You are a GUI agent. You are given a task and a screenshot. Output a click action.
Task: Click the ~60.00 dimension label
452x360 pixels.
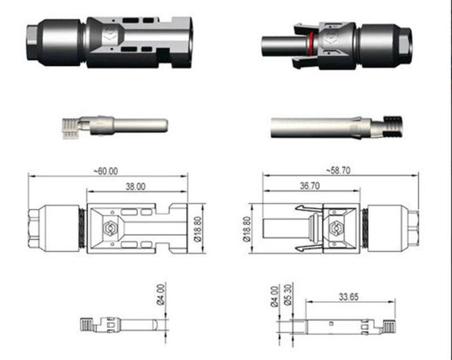point(106,171)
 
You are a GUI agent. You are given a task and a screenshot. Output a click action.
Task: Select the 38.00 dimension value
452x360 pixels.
point(135,186)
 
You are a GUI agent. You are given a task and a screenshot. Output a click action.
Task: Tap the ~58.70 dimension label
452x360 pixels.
point(339,171)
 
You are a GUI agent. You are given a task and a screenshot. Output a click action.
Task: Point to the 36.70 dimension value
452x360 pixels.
point(310,186)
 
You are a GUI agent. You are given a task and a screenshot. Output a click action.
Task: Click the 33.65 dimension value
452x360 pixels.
point(348,297)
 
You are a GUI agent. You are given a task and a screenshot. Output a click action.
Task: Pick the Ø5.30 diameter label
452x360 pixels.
point(288,294)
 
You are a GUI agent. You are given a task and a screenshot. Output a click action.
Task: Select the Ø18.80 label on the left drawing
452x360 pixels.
point(198,230)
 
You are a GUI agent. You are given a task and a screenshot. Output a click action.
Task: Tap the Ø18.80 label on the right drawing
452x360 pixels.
point(247,230)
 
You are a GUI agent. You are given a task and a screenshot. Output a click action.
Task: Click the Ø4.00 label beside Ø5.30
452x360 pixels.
point(275,296)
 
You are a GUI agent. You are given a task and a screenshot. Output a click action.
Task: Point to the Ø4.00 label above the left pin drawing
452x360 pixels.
point(161,294)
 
